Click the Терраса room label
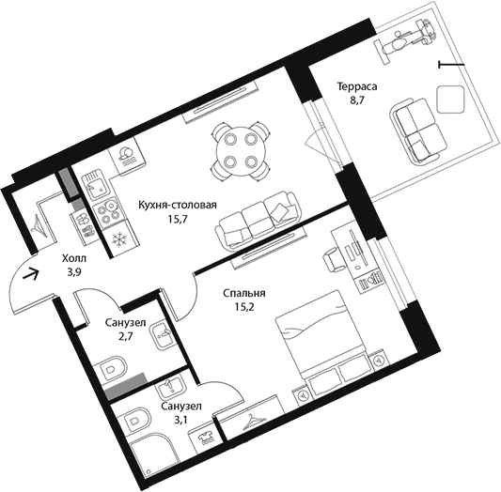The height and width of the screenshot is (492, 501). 357,86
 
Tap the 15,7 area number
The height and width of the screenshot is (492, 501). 178,219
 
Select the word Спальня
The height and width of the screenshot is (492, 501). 244,293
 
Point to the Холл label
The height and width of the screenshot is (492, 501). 74,258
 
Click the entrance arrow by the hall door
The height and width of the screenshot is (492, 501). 31,274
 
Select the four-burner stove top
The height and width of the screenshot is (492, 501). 109,210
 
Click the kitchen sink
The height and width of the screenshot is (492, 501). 97,184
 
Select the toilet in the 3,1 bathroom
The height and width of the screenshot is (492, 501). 134,421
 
